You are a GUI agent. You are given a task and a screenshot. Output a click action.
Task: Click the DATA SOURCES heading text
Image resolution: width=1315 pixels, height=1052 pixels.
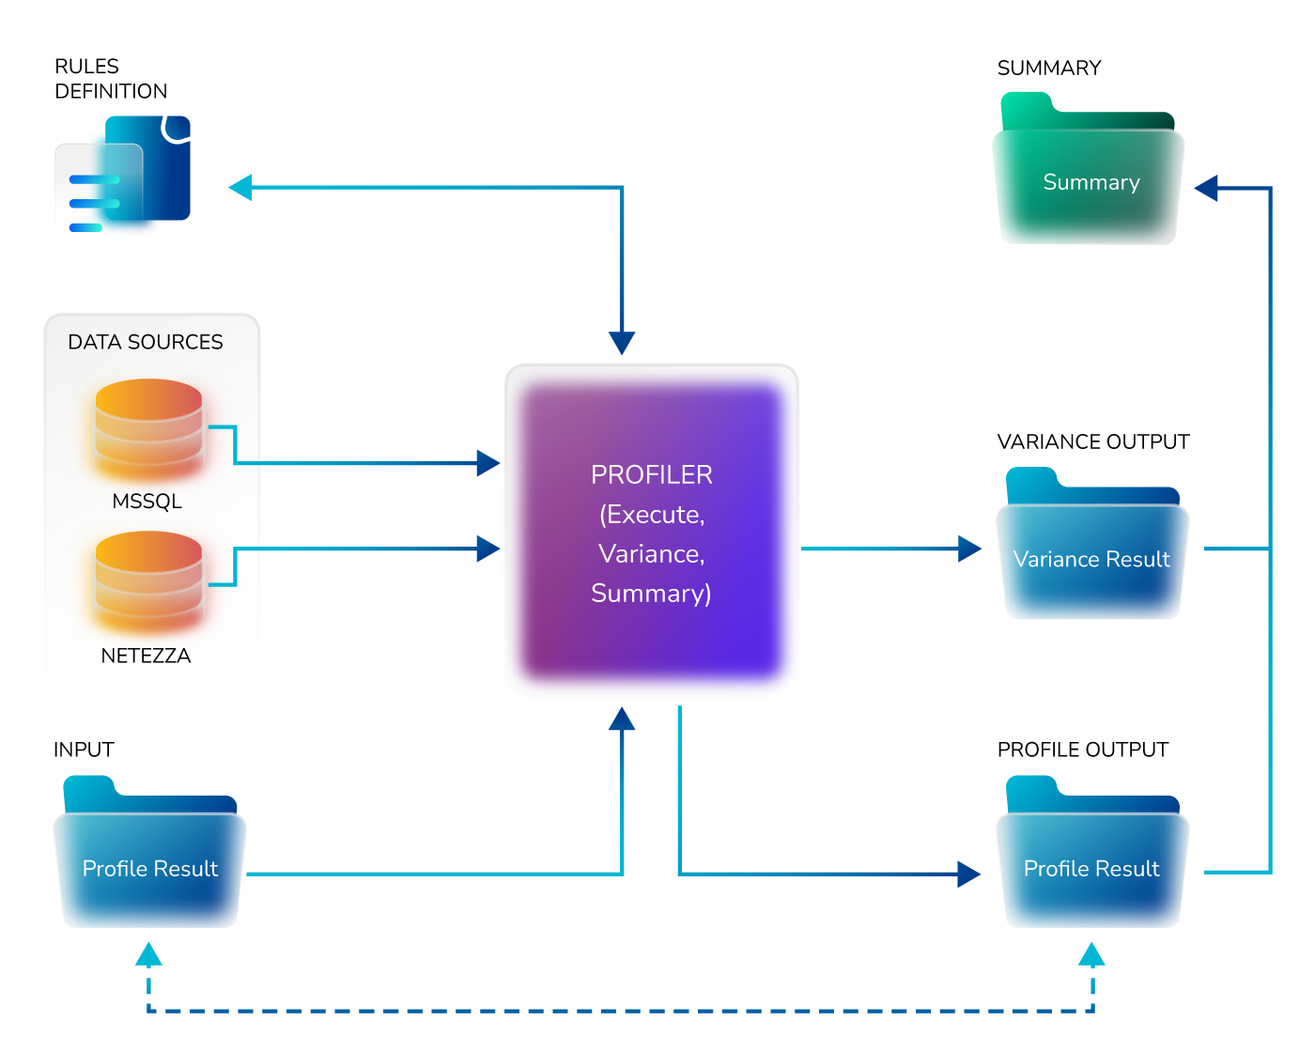click(146, 342)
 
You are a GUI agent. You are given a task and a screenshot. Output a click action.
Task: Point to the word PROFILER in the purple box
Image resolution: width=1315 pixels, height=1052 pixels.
click(651, 475)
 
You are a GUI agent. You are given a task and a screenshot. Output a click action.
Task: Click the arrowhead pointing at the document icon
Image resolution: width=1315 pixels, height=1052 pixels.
click(240, 187)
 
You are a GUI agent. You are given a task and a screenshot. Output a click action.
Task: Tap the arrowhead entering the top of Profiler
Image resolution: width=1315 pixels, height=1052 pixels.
click(622, 343)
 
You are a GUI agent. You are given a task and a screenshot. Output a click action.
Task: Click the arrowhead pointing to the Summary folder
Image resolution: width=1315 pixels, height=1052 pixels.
click(1206, 188)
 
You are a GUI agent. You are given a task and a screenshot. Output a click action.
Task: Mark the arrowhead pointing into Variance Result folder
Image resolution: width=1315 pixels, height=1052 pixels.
click(969, 549)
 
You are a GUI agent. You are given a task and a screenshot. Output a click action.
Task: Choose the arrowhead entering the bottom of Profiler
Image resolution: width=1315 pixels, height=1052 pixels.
click(622, 719)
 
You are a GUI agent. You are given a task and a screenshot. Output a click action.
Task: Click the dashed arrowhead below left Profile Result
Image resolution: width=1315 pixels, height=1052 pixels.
click(148, 954)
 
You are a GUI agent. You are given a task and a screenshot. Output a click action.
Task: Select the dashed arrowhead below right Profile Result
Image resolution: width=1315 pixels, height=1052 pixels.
click(1091, 954)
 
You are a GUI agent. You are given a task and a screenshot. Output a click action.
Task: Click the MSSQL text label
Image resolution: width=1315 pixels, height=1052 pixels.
click(147, 502)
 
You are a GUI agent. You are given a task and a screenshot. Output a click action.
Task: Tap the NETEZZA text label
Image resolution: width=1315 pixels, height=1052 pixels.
click(146, 656)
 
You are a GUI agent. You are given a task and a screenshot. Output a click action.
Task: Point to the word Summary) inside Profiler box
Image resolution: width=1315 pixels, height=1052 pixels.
click(651, 594)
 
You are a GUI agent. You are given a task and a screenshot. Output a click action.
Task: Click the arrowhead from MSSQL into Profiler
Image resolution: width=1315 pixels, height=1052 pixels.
click(487, 462)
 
